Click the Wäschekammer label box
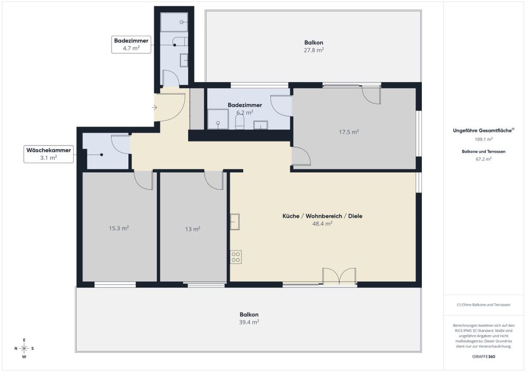click(x=48, y=154)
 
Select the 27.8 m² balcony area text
click(x=313, y=50)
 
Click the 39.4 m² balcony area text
click(x=249, y=322)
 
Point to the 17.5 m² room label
click(x=349, y=132)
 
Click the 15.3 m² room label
click(x=119, y=228)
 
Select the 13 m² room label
click(x=193, y=229)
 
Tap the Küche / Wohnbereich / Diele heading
click(x=322, y=216)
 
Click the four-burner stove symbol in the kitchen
click(x=236, y=257)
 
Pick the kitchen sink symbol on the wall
click(x=235, y=222)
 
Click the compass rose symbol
click(x=24, y=348)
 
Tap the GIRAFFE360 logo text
click(x=484, y=356)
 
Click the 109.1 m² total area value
click(x=484, y=139)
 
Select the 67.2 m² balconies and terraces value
click(x=484, y=158)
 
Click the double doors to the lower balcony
click(x=339, y=277)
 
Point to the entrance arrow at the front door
click(x=154, y=107)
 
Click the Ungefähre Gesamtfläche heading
click(x=483, y=130)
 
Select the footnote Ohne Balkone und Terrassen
click(x=484, y=305)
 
